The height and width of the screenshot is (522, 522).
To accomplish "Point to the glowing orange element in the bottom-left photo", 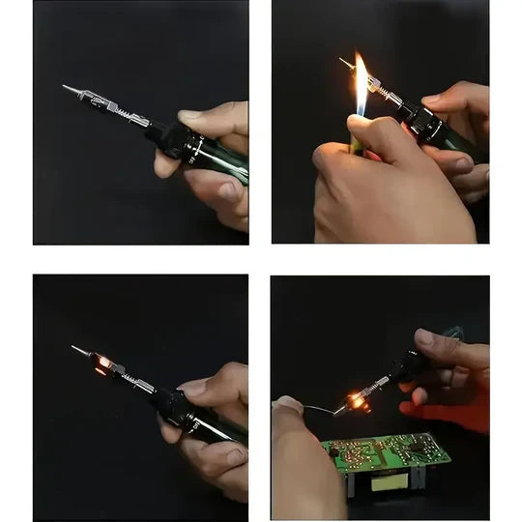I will (102, 363).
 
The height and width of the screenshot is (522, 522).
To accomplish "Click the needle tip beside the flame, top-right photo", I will (345, 63).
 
